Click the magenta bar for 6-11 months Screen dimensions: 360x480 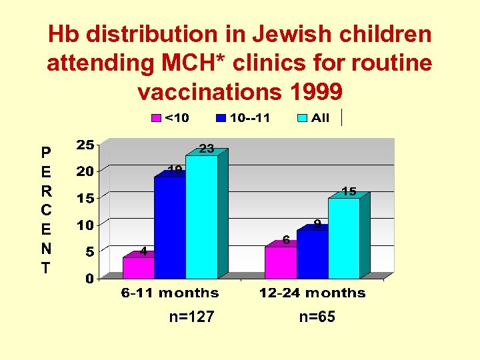[138, 267]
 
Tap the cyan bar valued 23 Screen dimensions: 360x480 [201, 217]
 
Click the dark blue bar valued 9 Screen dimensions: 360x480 [312, 254]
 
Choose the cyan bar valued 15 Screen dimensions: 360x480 [343, 238]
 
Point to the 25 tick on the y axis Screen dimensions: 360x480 [85, 145]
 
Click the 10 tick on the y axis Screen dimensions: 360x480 [85, 225]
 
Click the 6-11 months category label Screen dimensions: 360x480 [170, 293]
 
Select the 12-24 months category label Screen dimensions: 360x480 [313, 293]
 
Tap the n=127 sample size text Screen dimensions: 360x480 [191, 317]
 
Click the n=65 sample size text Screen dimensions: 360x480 [317, 317]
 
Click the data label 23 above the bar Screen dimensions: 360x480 [207, 149]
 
